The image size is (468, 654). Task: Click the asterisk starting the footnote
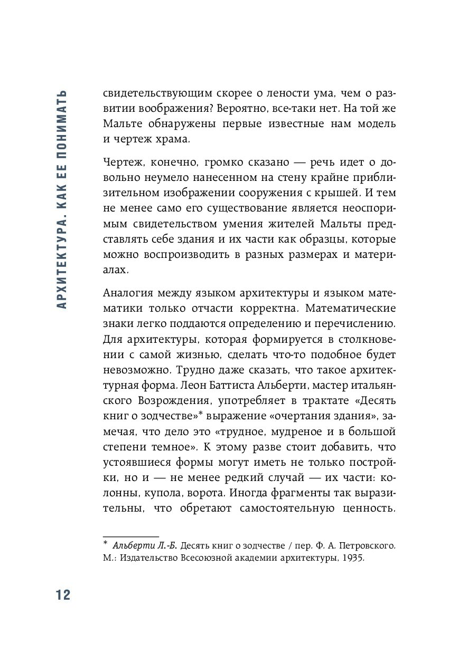106,544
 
